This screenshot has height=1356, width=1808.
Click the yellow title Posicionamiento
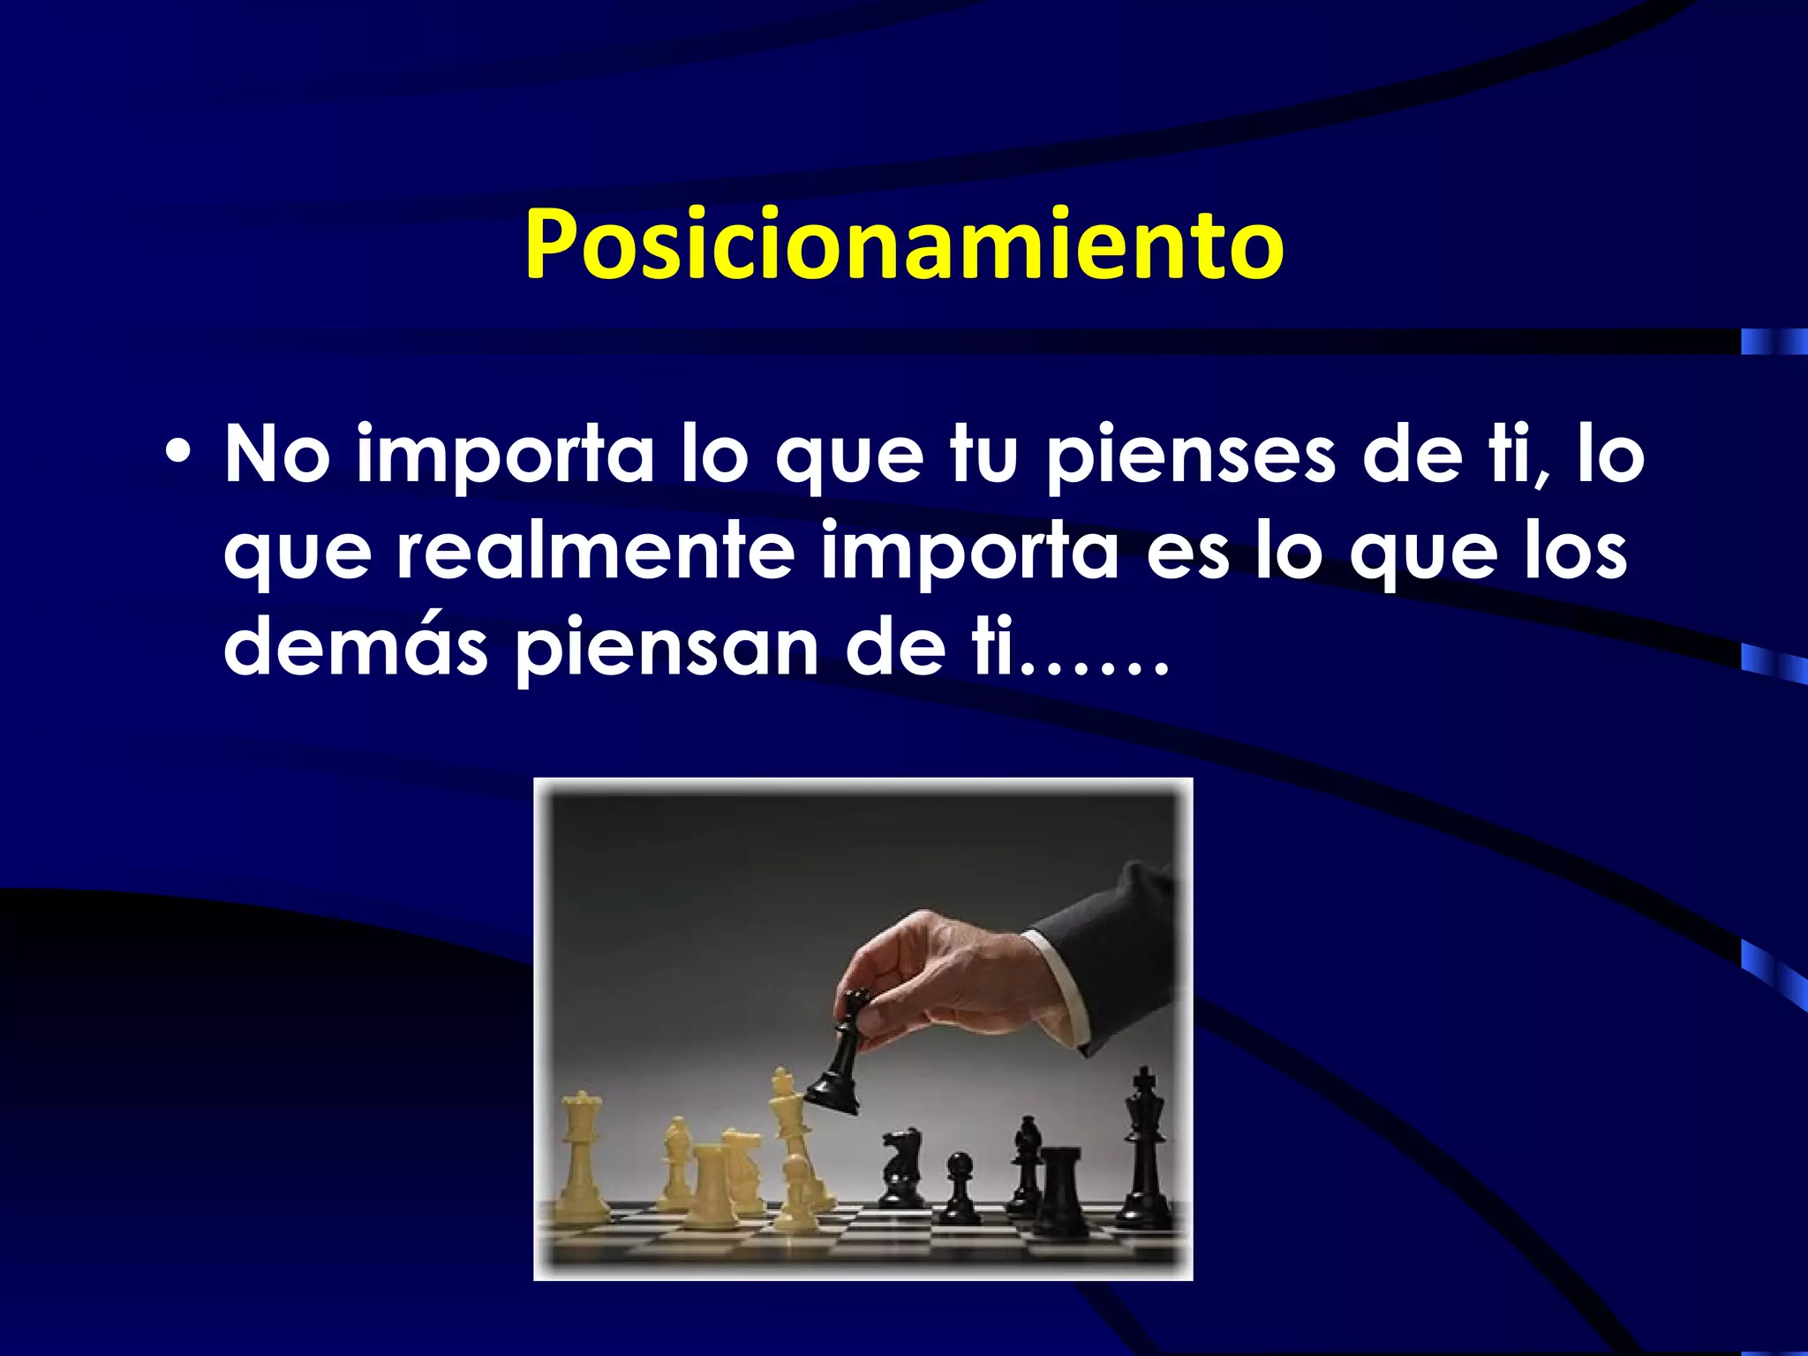click(904, 245)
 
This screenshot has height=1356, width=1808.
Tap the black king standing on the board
click(1145, 1148)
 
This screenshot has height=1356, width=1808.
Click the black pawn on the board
click(959, 1188)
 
